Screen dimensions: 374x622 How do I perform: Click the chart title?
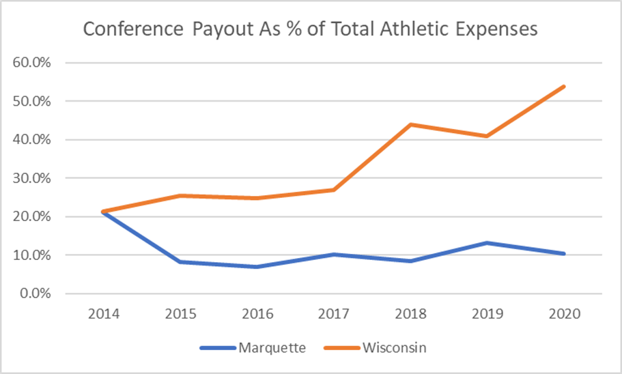tap(311, 30)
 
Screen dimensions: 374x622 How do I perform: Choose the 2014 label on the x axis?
tap(104, 315)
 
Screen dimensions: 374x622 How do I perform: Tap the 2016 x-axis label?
tap(257, 315)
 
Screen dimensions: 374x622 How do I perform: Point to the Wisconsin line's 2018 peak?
tap(412, 124)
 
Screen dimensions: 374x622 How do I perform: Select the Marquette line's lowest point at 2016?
tap(257, 267)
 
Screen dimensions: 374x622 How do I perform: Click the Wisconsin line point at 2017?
tap(335, 190)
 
